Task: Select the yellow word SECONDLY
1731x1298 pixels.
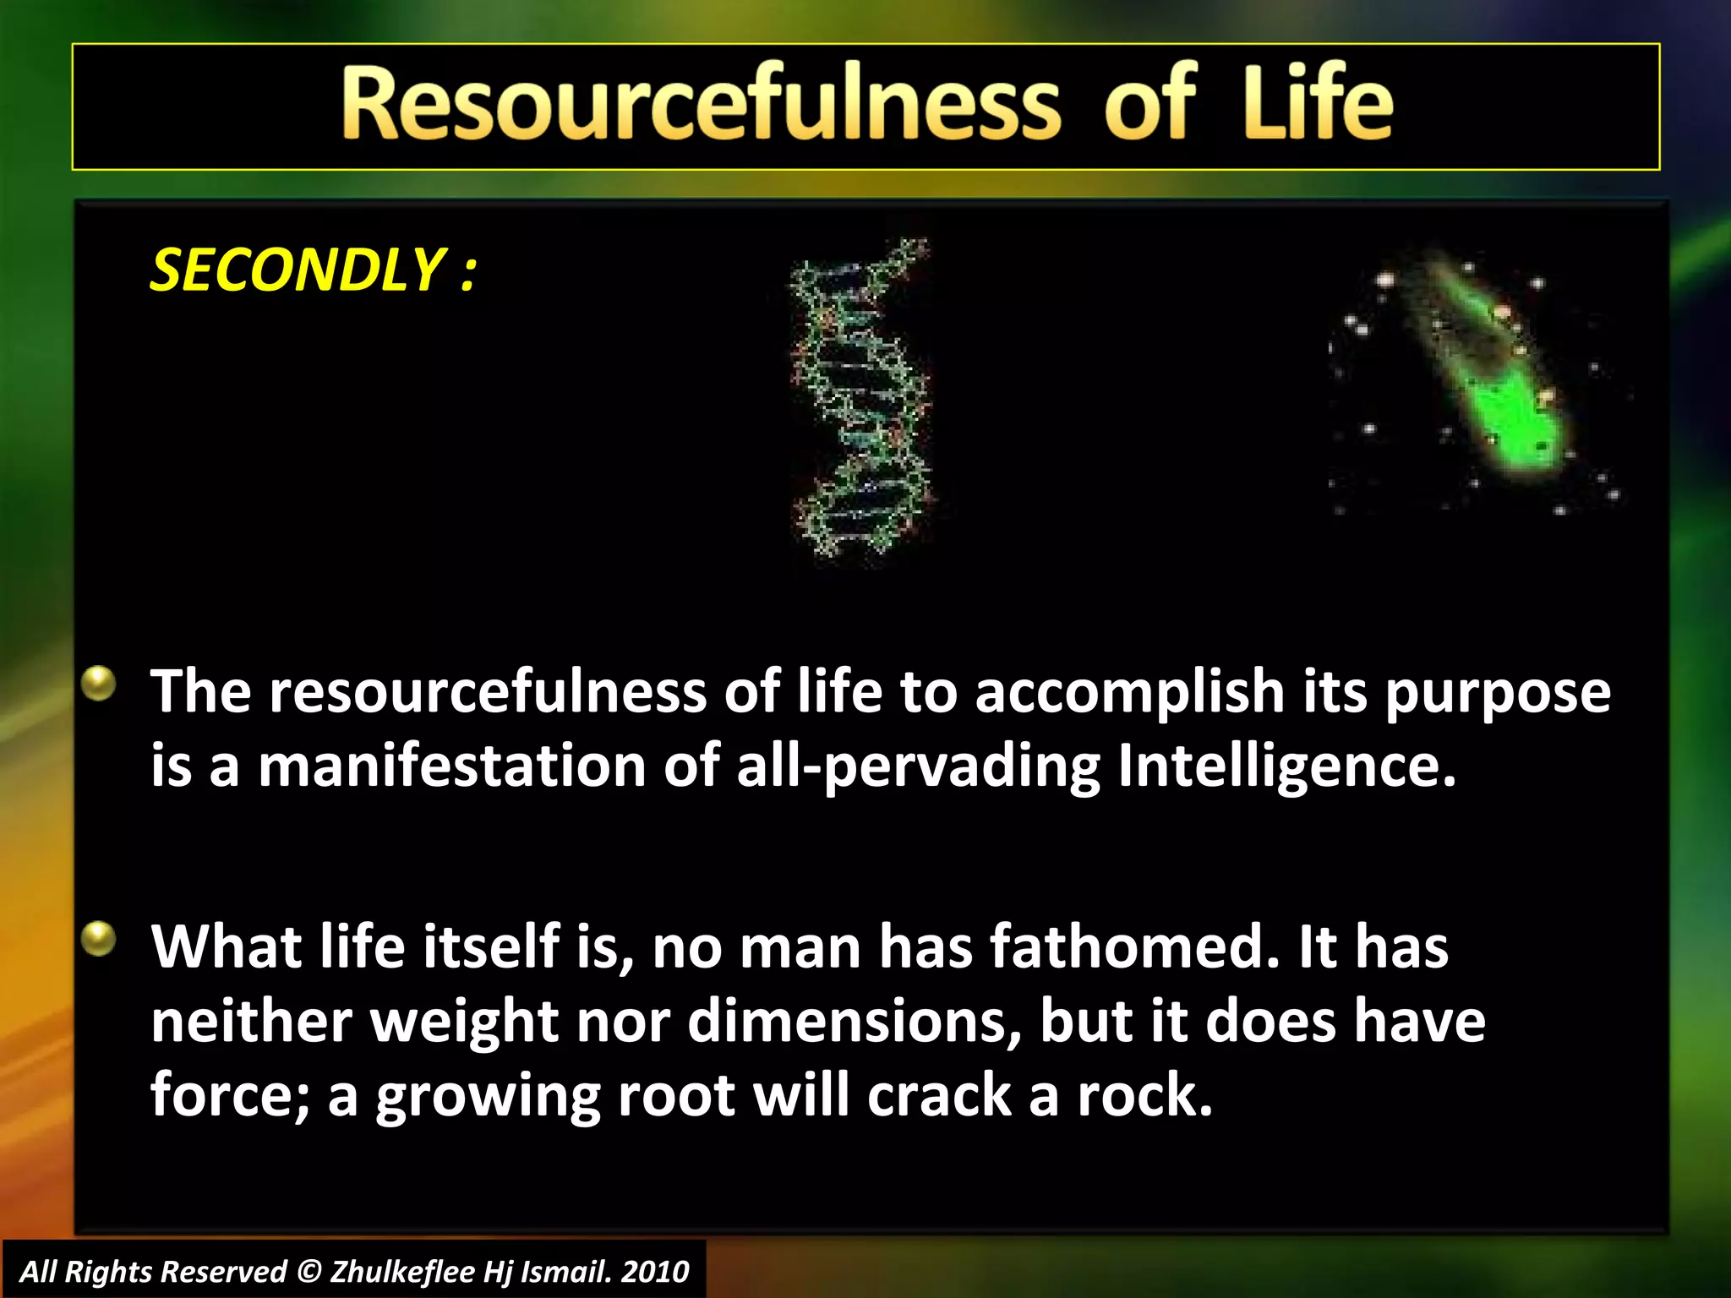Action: pos(297,270)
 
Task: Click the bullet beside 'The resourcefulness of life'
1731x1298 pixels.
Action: pos(99,684)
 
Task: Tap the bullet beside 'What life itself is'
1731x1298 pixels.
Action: pos(99,939)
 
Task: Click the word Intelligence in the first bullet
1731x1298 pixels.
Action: pos(1286,766)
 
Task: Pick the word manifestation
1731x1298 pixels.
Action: pos(452,766)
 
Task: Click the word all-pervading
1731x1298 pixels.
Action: pos(919,766)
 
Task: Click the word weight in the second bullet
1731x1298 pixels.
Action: pos(465,1021)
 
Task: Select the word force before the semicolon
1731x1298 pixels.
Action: pos(230,1095)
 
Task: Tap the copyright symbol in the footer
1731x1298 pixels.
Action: pos(309,1272)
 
